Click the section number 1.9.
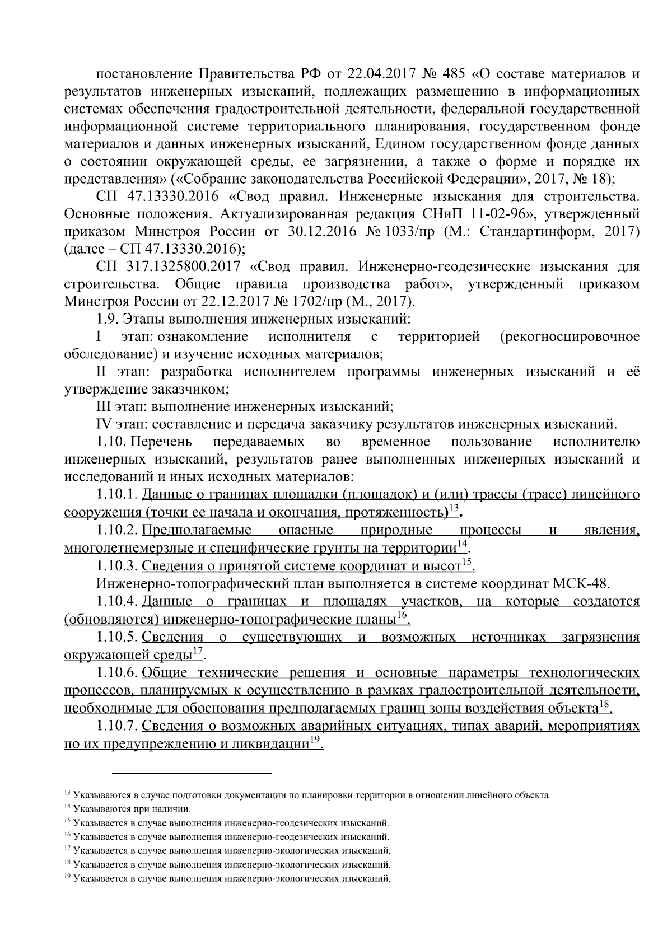[x=106, y=320]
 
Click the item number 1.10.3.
[x=116, y=566]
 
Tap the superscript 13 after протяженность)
[x=454, y=508]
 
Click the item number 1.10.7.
[x=116, y=726]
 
